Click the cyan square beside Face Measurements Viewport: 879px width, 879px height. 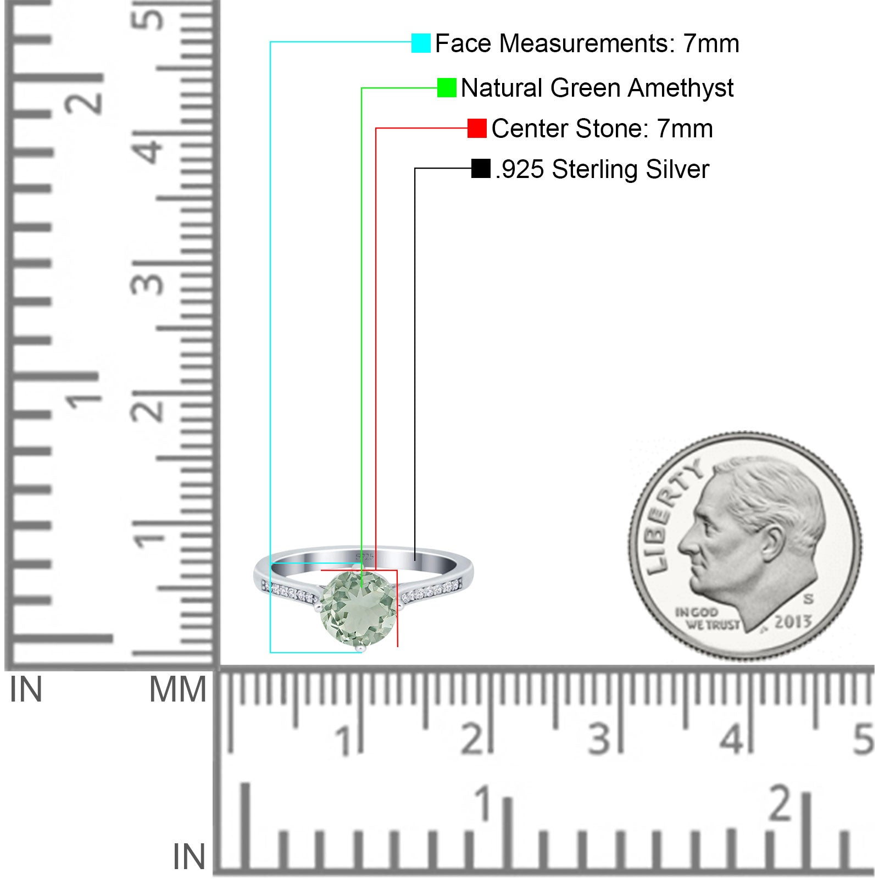[421, 43]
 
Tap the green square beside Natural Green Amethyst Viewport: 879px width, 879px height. [447, 87]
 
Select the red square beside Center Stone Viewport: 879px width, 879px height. [477, 128]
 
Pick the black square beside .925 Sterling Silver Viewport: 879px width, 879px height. [481, 169]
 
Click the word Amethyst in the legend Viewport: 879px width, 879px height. [681, 88]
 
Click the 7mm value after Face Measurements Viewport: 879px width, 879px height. [711, 43]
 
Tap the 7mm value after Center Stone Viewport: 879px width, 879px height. [685, 129]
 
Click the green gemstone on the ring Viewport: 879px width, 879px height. [359, 609]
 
